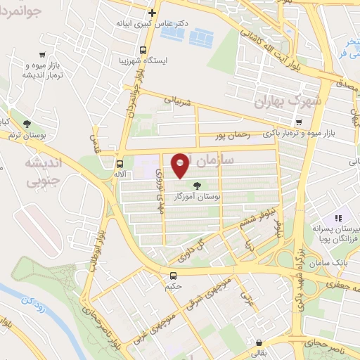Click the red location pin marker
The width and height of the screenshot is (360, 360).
tap(180, 166)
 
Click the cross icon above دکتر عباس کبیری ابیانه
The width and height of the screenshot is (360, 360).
tap(152, 13)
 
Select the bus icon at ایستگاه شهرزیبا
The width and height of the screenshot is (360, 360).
tap(143, 51)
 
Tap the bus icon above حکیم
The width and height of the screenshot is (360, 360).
tap(174, 274)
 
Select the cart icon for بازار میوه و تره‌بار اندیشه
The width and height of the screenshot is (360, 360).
tap(43, 55)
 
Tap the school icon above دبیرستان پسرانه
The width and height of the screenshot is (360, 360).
tap(337, 219)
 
